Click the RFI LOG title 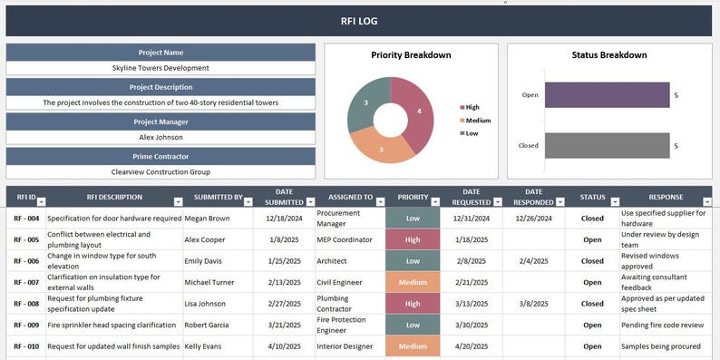(360, 21)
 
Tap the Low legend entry (471, 133)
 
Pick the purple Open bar (605, 95)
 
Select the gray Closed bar (605, 145)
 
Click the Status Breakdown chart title (608, 55)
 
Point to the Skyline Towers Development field (161, 68)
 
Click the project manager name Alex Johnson (161, 137)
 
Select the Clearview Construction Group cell (161, 171)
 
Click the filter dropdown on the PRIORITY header (434, 202)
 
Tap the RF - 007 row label (26, 282)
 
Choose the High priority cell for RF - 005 (413, 239)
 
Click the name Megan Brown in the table (208, 219)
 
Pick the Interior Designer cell (345, 346)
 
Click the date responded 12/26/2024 (533, 219)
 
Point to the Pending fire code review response (661, 325)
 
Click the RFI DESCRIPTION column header (114, 197)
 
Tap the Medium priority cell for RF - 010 (413, 346)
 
